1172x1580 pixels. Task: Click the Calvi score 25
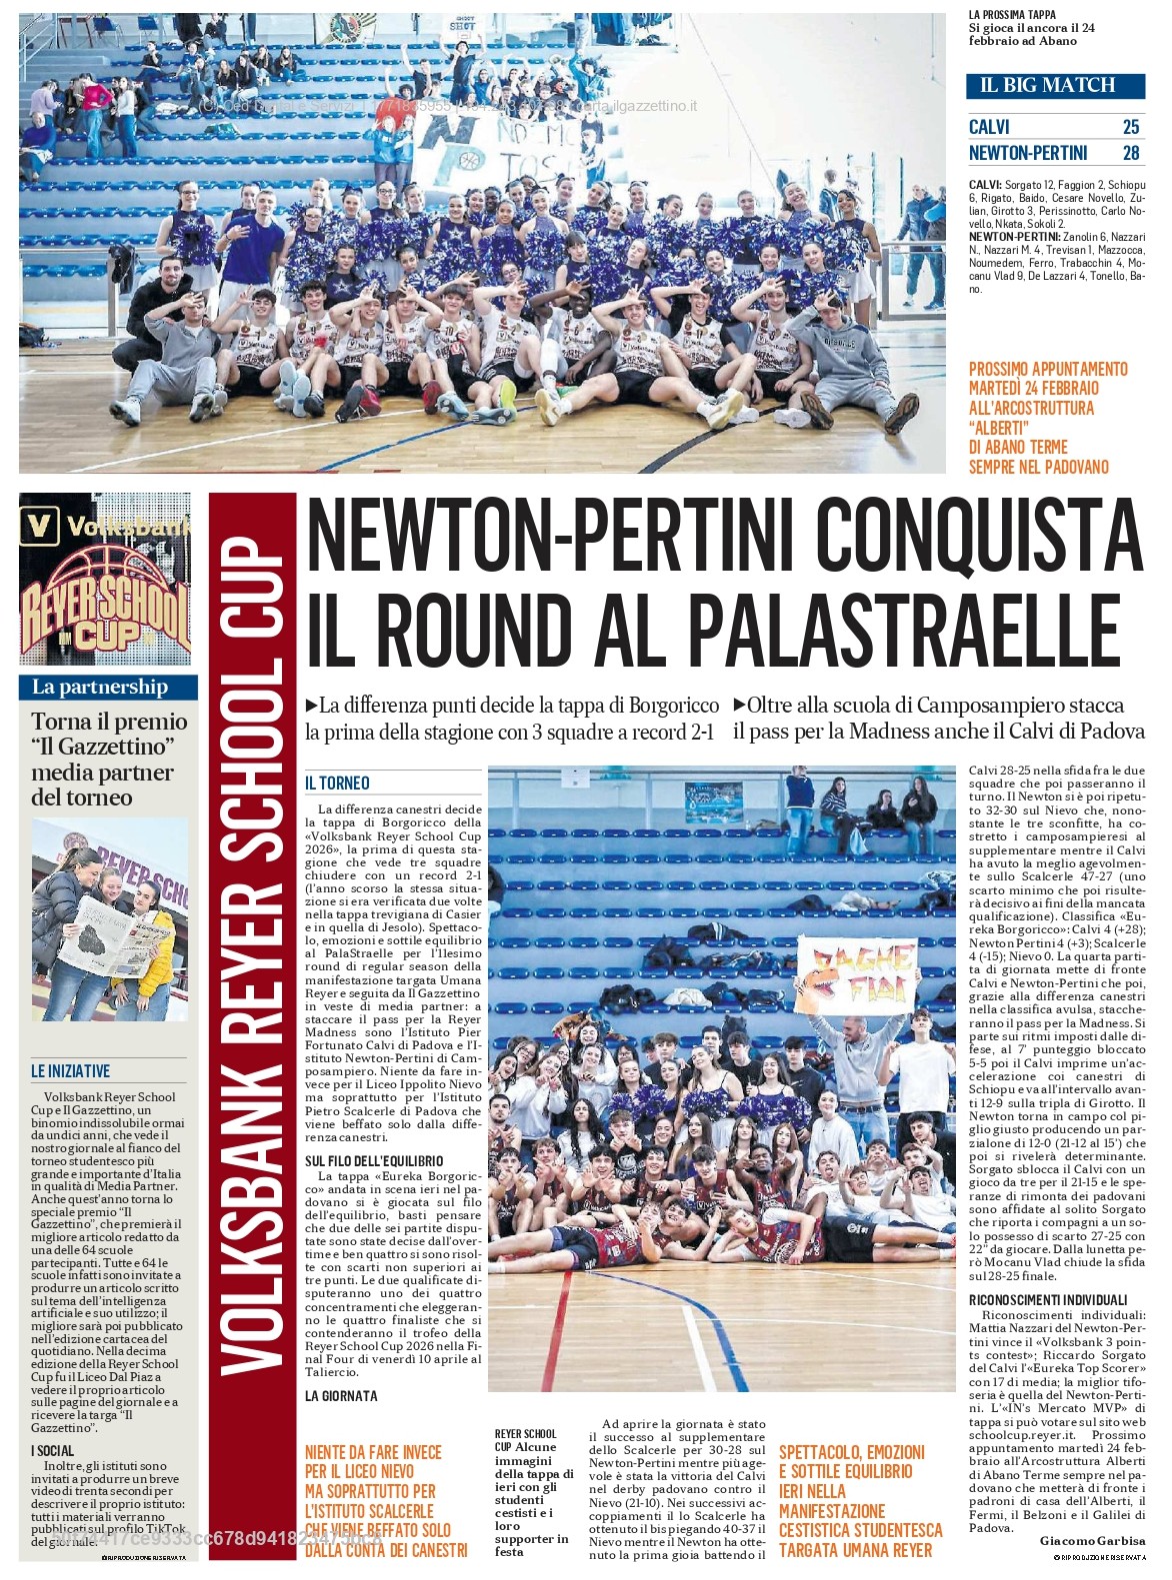1130,127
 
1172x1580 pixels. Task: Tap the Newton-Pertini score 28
1130,153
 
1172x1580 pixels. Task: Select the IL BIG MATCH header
1047,85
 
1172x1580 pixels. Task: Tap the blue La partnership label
100,687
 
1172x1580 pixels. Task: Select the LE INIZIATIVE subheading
70,1071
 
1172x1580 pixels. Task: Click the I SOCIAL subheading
52,1450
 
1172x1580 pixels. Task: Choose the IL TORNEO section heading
338,784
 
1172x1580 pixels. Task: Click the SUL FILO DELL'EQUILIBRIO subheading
374,1160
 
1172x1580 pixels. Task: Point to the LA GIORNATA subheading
342,1396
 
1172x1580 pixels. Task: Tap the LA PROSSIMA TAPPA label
1012,15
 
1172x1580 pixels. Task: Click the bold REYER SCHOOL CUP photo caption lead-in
525,1440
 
